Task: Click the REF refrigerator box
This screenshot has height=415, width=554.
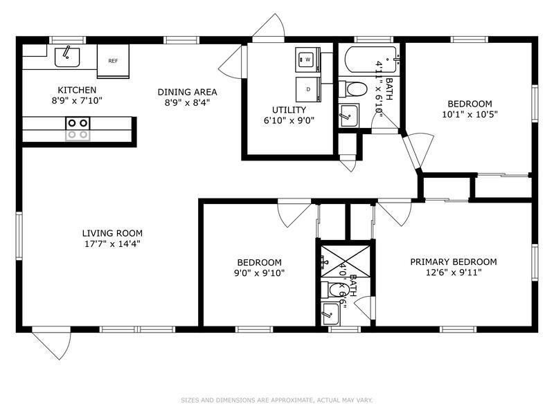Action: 113,61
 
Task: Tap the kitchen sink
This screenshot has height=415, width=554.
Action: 67,57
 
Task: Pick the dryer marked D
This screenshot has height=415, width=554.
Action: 308,89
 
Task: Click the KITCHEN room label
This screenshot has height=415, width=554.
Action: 77,90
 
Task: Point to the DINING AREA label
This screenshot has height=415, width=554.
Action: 187,92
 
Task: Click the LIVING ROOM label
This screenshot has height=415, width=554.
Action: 112,233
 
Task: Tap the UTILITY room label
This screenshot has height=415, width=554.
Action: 289,110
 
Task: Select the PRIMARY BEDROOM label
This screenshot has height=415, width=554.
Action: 454,262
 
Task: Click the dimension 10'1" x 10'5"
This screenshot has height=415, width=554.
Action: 470,114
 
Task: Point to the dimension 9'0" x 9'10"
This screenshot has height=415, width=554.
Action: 259,273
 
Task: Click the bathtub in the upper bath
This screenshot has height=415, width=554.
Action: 371,59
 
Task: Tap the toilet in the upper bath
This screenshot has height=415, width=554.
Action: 352,89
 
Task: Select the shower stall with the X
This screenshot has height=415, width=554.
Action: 345,261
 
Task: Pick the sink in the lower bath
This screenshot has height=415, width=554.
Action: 331,314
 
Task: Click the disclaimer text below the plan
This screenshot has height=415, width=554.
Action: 276,400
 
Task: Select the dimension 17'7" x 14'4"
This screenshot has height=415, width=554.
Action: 112,244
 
